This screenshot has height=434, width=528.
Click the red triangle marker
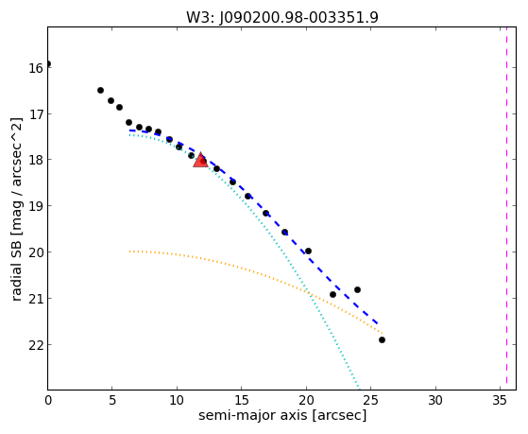(x=200, y=160)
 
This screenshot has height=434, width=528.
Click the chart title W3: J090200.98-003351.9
(x=282, y=18)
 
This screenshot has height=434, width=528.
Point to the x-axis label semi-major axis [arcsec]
(x=282, y=415)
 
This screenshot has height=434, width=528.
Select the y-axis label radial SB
(x=16, y=268)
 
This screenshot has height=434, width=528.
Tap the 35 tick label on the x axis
(x=500, y=400)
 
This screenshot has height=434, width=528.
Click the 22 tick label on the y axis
(x=36, y=344)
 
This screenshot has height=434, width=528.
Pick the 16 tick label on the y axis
(x=36, y=68)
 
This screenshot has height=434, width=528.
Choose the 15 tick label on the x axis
(x=241, y=400)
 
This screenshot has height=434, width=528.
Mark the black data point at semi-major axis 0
(x=48, y=63)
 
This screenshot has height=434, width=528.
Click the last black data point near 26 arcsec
(x=382, y=339)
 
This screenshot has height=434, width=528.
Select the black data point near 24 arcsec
(x=358, y=289)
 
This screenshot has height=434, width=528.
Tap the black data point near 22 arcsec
(x=333, y=294)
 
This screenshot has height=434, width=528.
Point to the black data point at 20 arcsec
(x=308, y=251)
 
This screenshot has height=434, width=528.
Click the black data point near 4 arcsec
(x=100, y=90)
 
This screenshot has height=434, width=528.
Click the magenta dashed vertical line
(x=506, y=208)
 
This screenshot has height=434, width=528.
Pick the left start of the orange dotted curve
(x=129, y=252)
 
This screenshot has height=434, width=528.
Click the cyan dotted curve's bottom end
(x=359, y=389)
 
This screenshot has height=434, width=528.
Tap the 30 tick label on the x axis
(x=435, y=400)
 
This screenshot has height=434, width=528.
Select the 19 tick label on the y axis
(x=36, y=206)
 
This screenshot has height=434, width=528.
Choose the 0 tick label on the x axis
(x=48, y=400)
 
